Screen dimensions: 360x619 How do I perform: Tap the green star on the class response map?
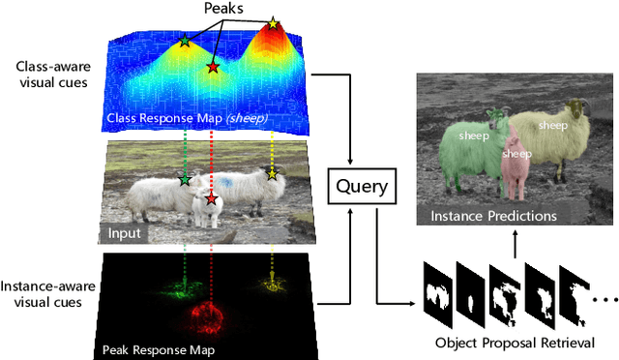point(185,42)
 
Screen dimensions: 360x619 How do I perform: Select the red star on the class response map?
point(212,67)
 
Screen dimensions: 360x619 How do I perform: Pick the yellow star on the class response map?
point(273,22)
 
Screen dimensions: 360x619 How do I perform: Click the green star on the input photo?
point(185,179)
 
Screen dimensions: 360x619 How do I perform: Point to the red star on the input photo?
point(212,199)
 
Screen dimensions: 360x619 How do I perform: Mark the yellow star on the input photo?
point(273,174)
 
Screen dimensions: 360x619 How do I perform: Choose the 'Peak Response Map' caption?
point(159,347)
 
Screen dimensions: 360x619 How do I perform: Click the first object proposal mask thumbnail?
point(438,289)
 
